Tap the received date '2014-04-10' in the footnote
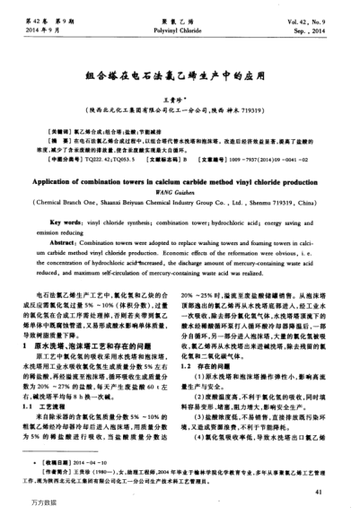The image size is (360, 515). pos(90,462)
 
